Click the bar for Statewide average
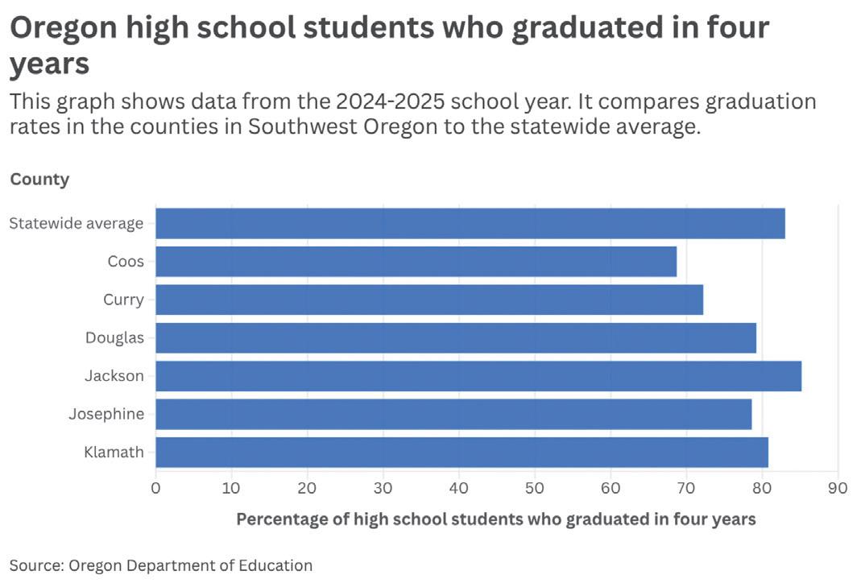470,223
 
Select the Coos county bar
416,262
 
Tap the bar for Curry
429,300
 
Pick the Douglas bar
456,337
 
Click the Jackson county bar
478,376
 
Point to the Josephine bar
453,414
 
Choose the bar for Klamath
462,453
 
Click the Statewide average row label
77,223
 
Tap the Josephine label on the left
106,414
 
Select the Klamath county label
114,452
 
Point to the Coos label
126,262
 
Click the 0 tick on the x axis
155,488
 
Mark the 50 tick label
534,488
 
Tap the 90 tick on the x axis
838,488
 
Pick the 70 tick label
686,488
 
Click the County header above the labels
39,180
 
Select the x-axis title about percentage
496,519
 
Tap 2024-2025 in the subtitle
390,101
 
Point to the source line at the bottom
161,565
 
